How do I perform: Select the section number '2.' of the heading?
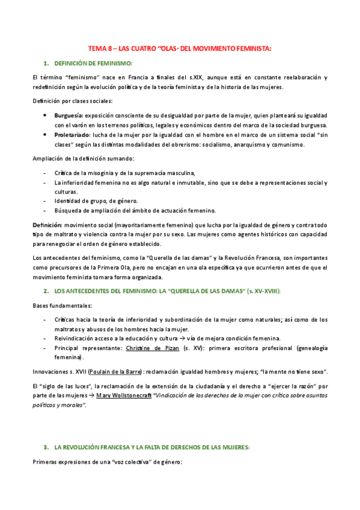point(46,291)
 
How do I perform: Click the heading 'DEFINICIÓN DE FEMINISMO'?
point(93,63)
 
